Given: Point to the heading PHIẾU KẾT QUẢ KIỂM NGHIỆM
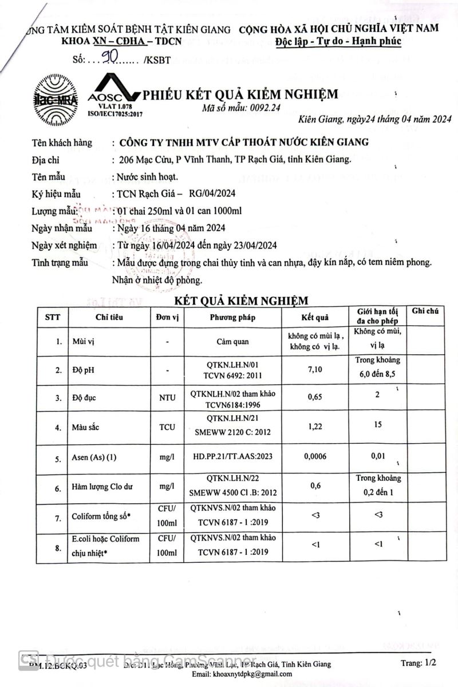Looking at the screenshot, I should [240, 94].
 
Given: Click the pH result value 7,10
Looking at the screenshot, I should [315, 369].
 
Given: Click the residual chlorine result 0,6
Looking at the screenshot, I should [315, 485].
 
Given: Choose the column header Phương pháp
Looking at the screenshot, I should [232, 317].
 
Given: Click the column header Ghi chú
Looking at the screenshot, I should [425, 311].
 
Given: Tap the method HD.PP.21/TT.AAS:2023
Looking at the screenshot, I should [232, 458].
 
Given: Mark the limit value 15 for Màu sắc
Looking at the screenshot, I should [377, 424].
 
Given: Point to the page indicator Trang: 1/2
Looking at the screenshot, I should [418, 664].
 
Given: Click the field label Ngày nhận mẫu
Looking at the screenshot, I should [62, 228].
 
